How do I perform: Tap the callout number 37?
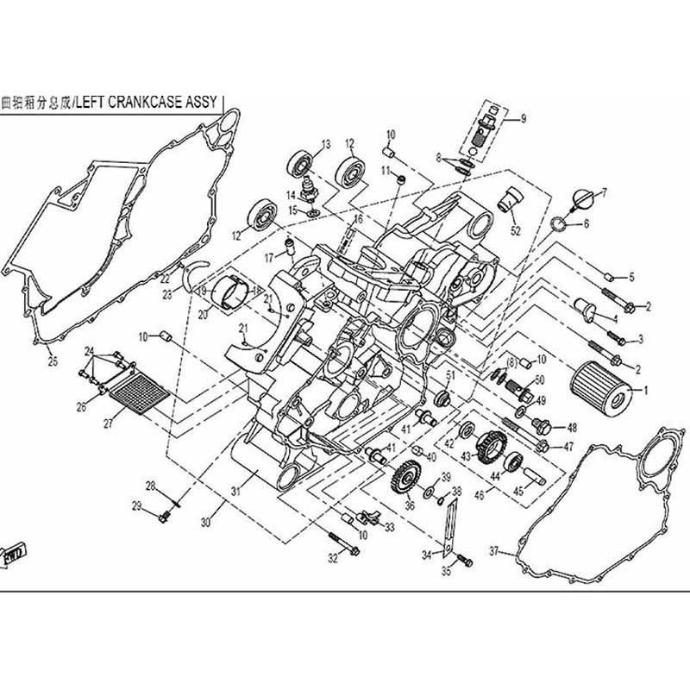click(x=494, y=550)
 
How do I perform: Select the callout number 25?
click(x=53, y=361)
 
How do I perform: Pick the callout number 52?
click(x=516, y=230)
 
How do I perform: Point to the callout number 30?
click(x=205, y=523)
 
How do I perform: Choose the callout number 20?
click(x=204, y=315)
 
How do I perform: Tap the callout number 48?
click(x=571, y=427)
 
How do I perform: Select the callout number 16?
click(x=357, y=219)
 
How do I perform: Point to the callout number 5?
click(x=630, y=277)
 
